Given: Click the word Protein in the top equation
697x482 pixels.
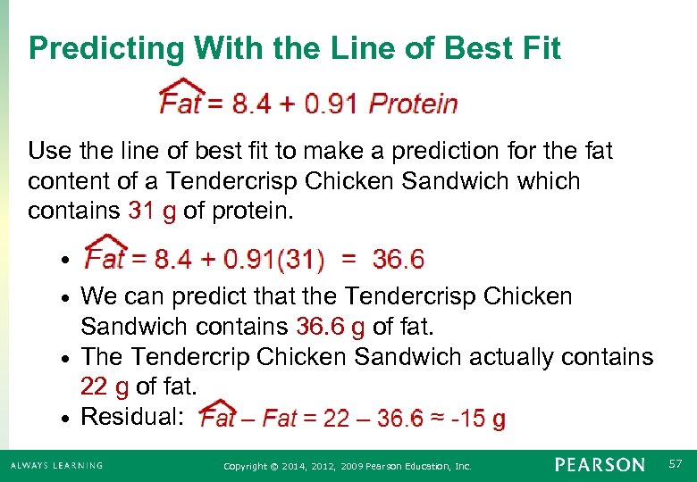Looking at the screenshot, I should [413, 104].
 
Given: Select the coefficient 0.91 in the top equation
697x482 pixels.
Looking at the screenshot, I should [331, 104].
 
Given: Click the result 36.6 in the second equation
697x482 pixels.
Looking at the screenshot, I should [398, 260].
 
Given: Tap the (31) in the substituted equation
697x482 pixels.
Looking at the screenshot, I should [299, 260].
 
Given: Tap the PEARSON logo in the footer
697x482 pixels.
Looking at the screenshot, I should [600, 465].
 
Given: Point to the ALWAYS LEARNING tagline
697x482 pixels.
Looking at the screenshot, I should [57, 465].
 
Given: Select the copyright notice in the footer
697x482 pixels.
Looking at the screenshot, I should [347, 466].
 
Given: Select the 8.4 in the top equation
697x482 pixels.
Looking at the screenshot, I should [251, 104].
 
